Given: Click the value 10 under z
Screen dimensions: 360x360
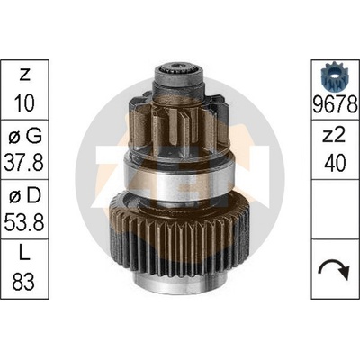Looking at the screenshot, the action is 24,103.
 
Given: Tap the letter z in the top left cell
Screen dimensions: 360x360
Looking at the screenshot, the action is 25,75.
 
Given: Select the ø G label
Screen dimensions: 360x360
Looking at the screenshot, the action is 24,137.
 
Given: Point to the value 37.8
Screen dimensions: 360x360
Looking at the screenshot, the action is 24,162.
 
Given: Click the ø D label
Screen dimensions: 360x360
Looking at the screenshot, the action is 24,196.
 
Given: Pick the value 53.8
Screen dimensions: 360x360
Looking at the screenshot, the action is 24,222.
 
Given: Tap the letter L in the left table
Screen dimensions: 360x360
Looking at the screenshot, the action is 24,256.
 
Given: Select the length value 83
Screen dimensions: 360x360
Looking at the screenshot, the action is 24,282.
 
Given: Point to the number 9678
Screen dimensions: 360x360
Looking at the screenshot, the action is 336,105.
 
